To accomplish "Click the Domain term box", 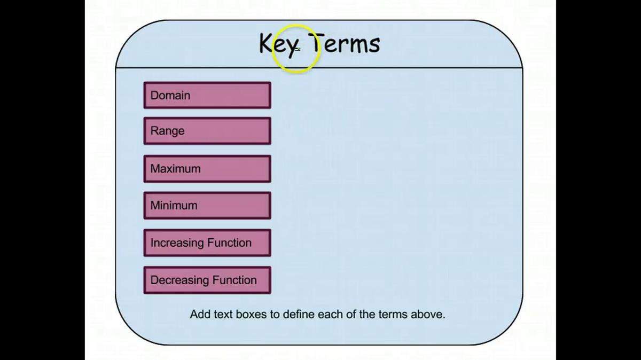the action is coord(207,95).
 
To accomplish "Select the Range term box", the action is coord(207,131).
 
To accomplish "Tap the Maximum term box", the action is coord(207,169).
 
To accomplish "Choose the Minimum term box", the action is coord(207,206).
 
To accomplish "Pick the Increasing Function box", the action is coord(207,243).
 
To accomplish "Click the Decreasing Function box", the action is coord(207,280).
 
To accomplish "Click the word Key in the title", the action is coord(279,44).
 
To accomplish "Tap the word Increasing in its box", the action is coord(177,243).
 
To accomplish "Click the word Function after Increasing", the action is coord(230,242).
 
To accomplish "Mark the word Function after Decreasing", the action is coord(234,280).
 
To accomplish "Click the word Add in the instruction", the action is coord(200,314).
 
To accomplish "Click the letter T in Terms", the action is coord(316,43).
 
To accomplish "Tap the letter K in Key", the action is coord(266,43).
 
